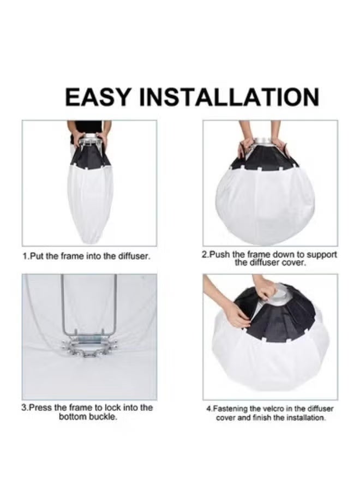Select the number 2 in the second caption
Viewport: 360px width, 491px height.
point(205,254)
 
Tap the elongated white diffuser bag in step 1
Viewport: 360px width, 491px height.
point(90,204)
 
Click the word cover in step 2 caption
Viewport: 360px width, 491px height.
point(293,262)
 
